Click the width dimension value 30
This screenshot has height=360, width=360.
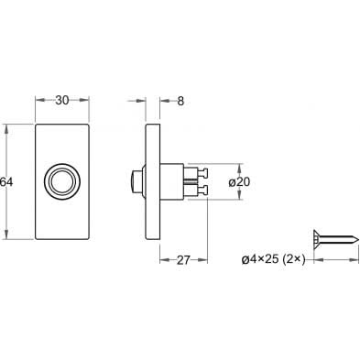point(62,100)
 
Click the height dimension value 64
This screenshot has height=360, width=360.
point(6,182)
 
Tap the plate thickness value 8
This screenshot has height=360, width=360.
point(180,101)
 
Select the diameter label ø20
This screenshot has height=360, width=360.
point(239,182)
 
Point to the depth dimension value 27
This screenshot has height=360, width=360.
point(183,260)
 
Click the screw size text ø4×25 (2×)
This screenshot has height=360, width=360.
point(274,259)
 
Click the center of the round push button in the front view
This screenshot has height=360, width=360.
point(62,181)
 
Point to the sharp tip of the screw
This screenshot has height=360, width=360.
point(357,238)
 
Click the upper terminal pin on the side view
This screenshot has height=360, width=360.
point(202,173)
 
